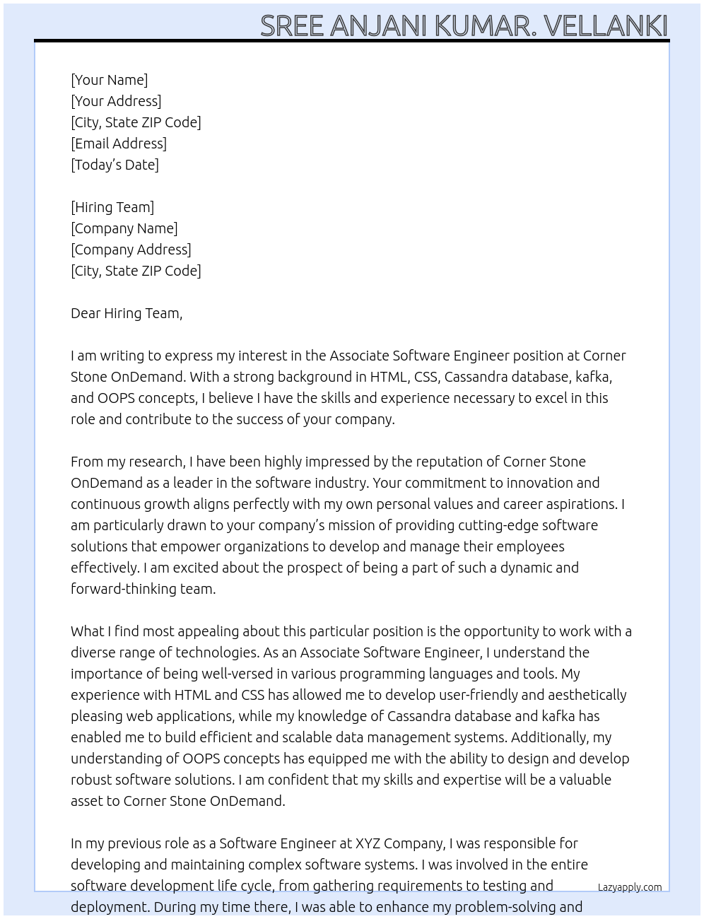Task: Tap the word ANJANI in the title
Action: coord(378,25)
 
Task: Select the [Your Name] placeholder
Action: coord(110,80)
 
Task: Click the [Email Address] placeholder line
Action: coord(119,144)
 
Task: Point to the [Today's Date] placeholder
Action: coord(115,165)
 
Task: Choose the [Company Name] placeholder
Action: coord(124,228)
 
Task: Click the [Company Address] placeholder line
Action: coord(131,250)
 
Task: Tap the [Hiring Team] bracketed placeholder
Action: coord(112,207)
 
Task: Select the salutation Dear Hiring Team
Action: coord(127,313)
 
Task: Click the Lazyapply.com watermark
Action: coord(630,887)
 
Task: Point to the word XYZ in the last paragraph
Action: coord(368,843)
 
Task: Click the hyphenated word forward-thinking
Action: coord(142,589)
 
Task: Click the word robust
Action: coord(90,780)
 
